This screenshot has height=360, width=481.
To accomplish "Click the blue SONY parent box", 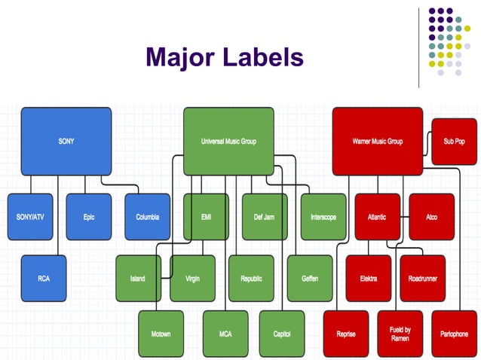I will click(66, 142).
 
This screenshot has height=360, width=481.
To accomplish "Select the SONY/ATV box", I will click(30, 217).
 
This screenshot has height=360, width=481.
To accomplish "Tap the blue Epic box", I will click(89, 217).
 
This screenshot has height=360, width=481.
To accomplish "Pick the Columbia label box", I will click(148, 217).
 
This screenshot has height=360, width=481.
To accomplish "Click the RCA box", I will click(44, 279).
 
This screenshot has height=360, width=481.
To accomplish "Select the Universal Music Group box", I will click(228, 142).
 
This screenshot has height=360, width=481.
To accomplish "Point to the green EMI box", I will click(206, 217).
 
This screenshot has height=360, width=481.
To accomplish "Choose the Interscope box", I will click(323, 217).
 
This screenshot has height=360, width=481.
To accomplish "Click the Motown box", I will click(161, 334).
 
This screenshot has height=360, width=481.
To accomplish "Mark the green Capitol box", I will click(282, 334).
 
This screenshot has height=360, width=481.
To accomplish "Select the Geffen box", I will click(310, 279).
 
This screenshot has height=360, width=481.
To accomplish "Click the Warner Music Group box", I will click(378, 142).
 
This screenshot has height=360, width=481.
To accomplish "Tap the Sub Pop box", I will click(454, 142).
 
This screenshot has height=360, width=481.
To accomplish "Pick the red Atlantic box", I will click(377, 217).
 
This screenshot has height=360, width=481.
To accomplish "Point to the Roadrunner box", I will click(422, 279).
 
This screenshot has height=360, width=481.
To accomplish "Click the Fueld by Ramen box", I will click(400, 334).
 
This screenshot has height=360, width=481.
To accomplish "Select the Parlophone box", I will click(454, 334).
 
